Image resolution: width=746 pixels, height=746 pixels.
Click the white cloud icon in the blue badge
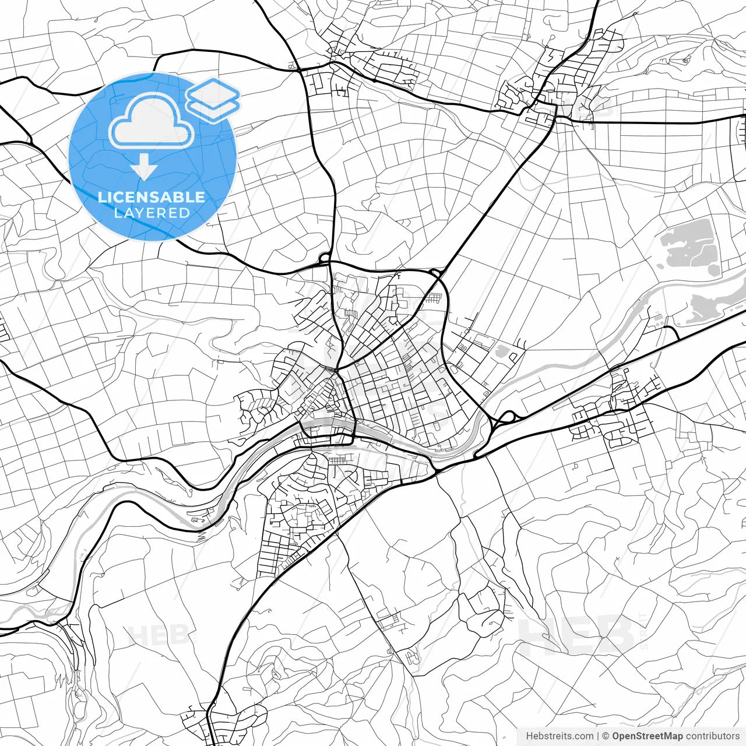[x=152, y=121]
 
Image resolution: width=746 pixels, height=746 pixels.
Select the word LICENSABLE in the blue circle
[x=152, y=197]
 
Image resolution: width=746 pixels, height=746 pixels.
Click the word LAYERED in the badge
[x=152, y=213]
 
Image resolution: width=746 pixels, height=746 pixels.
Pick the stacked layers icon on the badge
[x=213, y=101]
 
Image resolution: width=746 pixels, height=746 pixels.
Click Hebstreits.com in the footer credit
[x=559, y=736]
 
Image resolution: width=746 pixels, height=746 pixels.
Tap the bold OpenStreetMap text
[x=647, y=736]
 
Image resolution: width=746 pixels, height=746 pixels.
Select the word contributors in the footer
[x=712, y=736]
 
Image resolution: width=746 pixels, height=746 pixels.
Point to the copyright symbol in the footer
[x=606, y=736]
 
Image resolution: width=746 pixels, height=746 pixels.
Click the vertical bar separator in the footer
[x=598, y=736]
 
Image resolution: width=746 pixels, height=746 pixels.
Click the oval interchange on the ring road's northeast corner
[x=435, y=272]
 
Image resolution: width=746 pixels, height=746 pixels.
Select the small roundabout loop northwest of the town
[x=324, y=256]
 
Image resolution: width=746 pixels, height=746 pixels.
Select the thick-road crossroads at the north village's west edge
[x=300, y=71]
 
